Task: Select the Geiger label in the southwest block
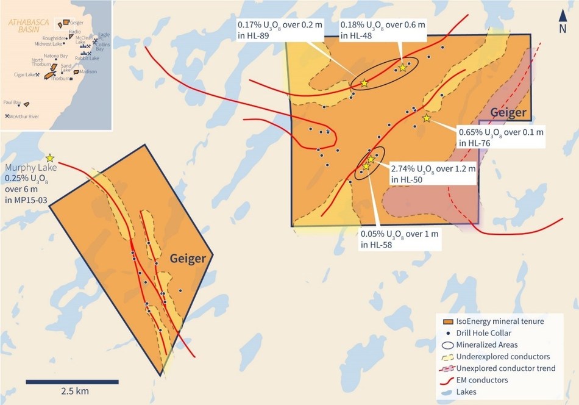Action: click(x=186, y=259)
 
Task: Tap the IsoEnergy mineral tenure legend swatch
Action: click(x=449, y=321)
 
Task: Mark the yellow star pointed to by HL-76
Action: click(x=426, y=118)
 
